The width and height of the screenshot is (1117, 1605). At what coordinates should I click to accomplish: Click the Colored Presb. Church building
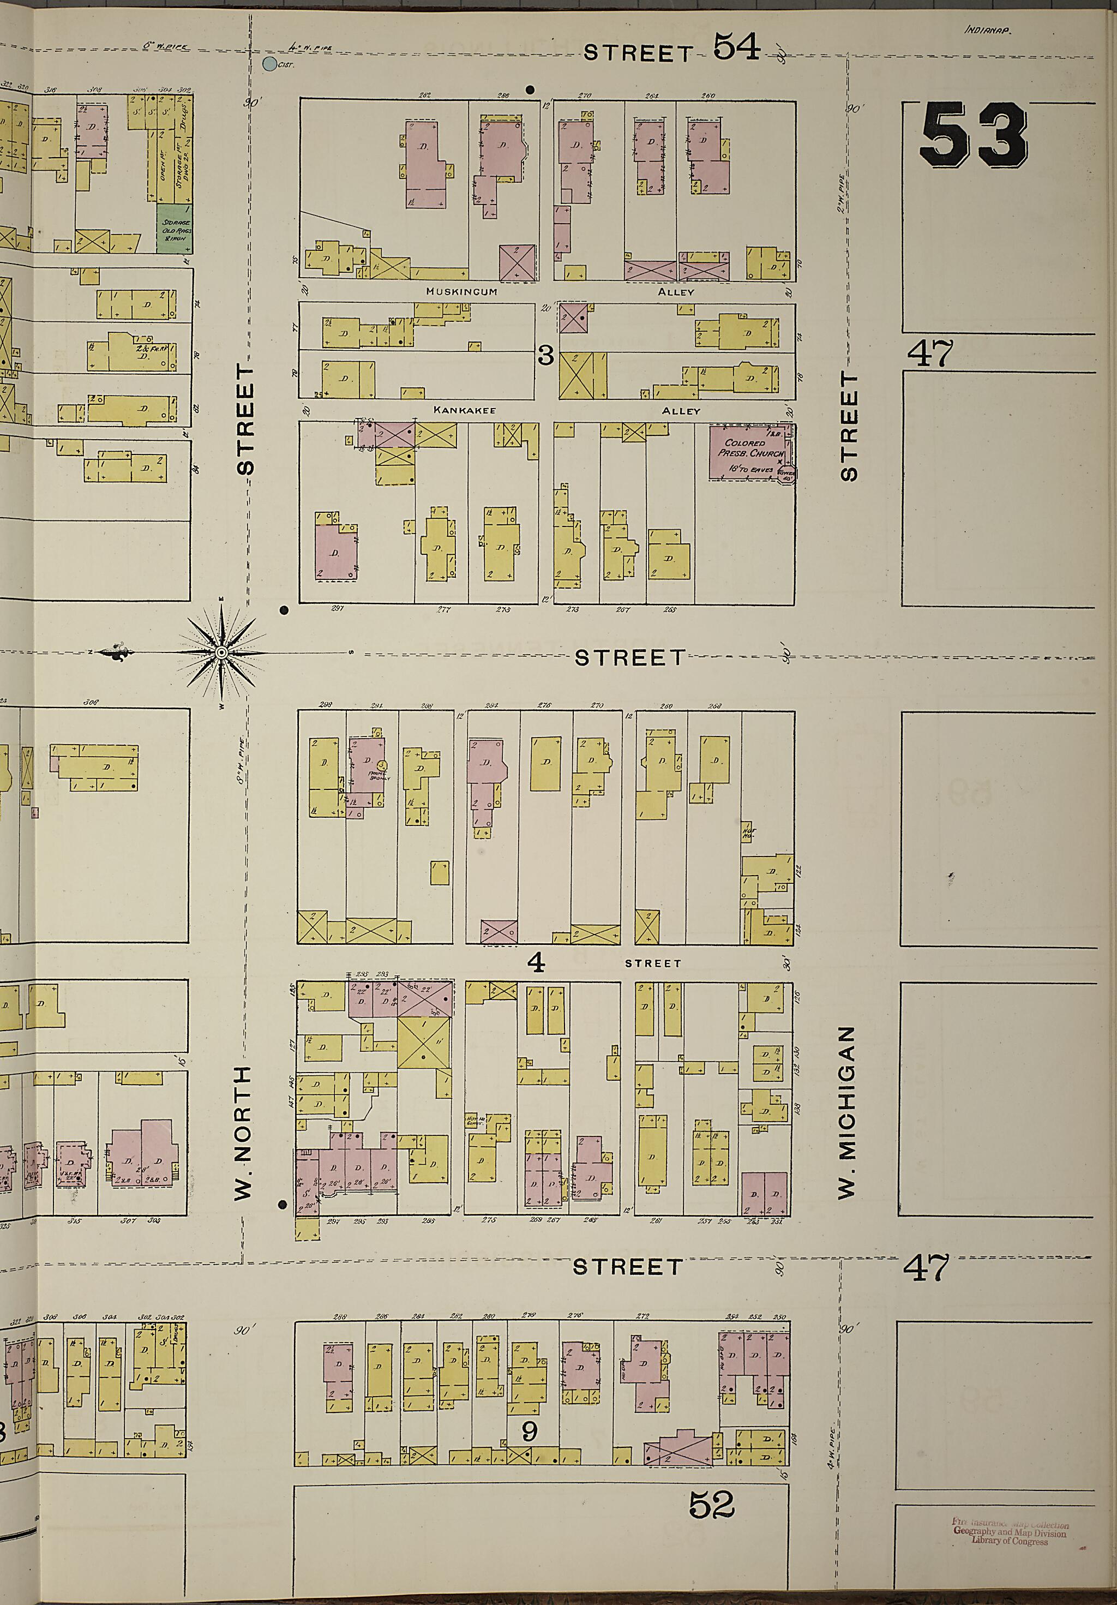pos(747,452)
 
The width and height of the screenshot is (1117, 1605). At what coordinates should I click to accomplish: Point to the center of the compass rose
pos(221,652)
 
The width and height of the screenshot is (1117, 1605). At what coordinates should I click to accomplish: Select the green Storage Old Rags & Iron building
pos(174,229)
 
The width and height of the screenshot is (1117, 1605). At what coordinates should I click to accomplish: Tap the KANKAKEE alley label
pos(464,410)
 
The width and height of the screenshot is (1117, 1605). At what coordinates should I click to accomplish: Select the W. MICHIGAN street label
pos(847,1111)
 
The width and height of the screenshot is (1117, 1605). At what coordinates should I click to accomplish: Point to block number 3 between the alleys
pos(545,356)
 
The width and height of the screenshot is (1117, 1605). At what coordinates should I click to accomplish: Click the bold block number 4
pos(536,962)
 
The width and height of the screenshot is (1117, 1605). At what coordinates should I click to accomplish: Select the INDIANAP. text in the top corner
pos(988,30)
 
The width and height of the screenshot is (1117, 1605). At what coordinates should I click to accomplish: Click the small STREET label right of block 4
pos(652,963)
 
